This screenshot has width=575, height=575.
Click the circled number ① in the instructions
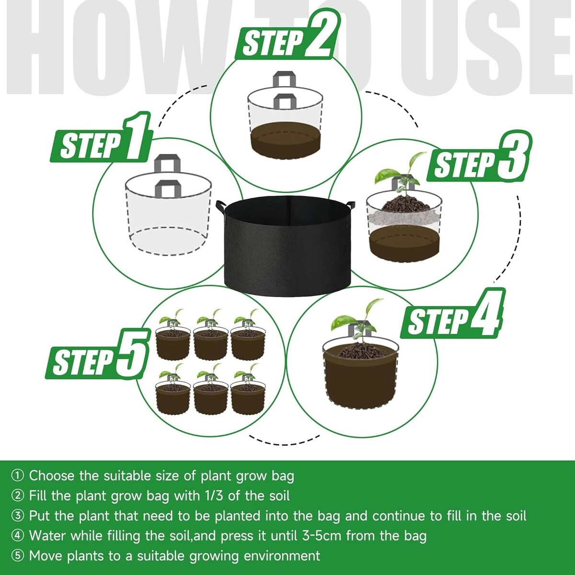17,476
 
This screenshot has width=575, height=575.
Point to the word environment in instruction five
282,556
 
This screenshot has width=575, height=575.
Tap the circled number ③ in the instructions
17,516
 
